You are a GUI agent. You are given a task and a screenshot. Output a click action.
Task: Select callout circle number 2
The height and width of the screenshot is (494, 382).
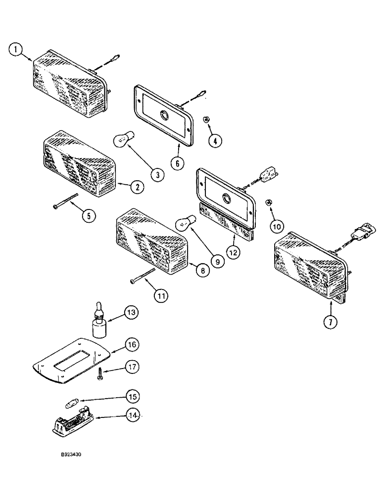pyautogui.click(x=137, y=187)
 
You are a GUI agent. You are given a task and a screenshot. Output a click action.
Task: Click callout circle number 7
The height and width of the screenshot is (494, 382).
pyautogui.click(x=330, y=321)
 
